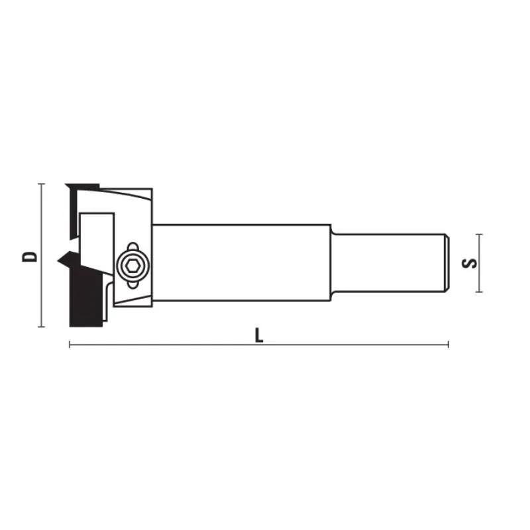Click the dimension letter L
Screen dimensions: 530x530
(259, 335)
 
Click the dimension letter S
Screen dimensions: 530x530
(469, 262)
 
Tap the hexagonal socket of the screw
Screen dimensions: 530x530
(131, 266)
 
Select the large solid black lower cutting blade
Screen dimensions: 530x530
(83, 295)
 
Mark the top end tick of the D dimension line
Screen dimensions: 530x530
(41, 184)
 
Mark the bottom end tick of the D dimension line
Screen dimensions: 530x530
(41, 327)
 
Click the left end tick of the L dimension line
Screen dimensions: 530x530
(70, 344)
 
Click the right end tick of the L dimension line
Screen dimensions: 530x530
(449, 344)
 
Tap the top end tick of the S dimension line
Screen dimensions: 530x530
(480, 234)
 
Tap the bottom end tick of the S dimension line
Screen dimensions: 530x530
(480, 291)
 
